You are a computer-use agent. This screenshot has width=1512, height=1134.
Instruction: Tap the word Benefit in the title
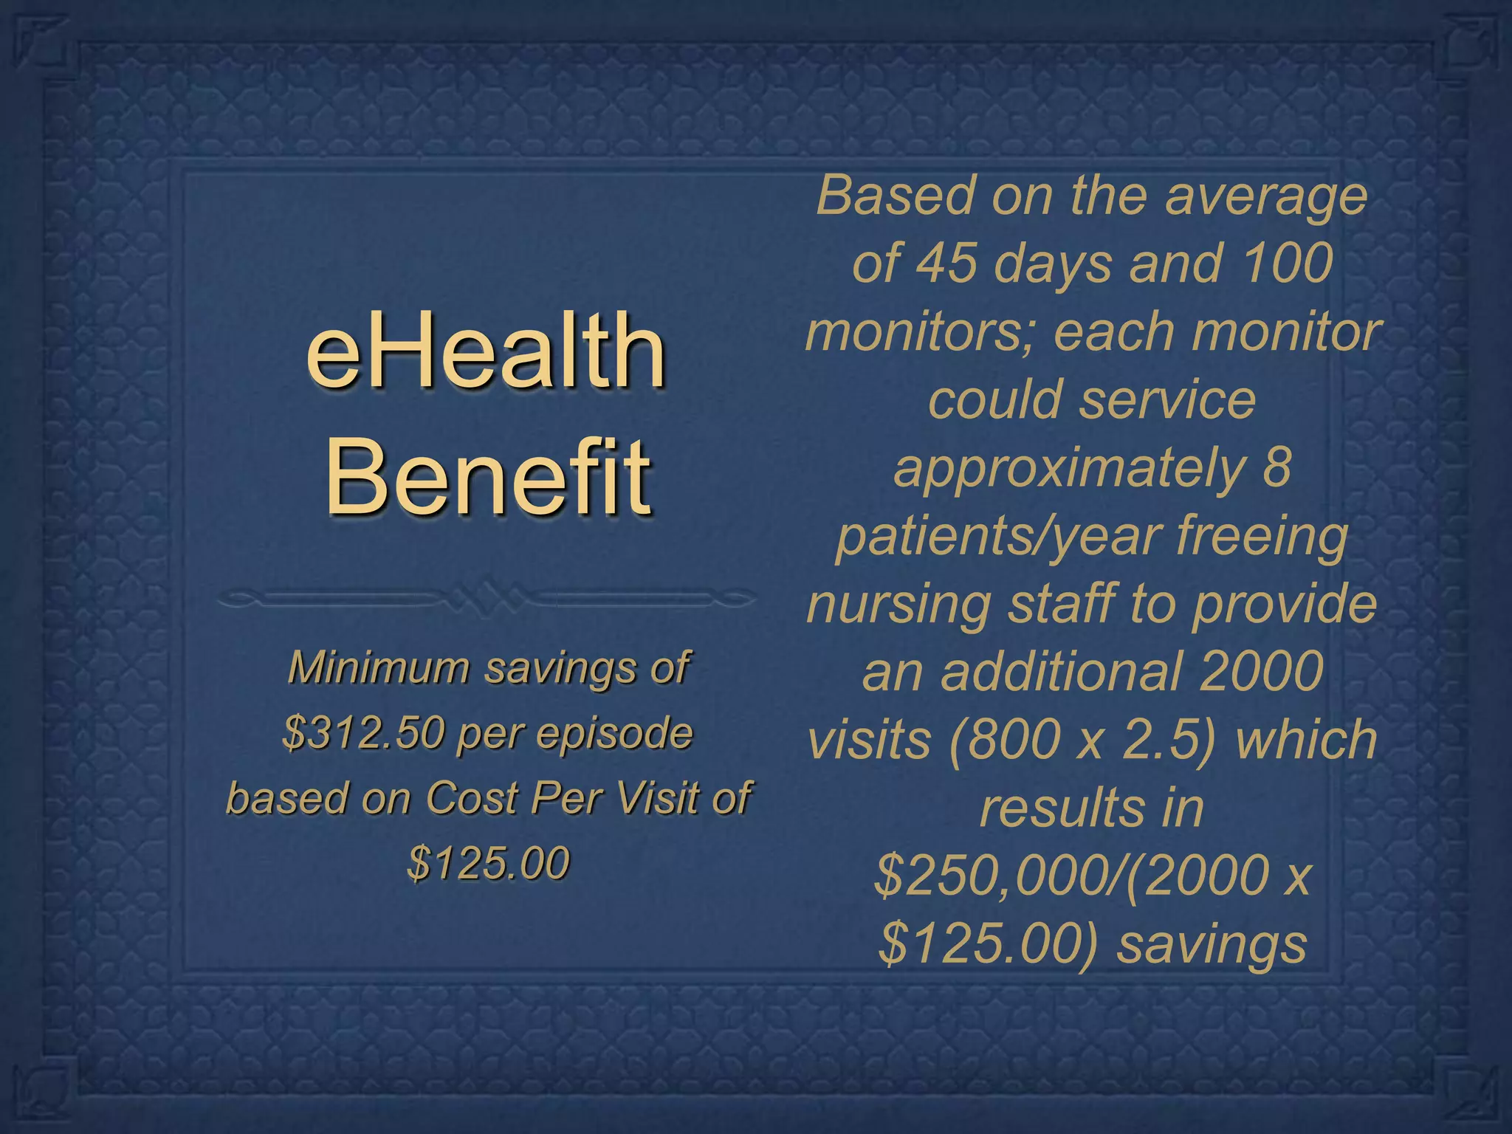(488, 475)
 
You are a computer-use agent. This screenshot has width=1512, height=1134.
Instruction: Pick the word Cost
(471, 798)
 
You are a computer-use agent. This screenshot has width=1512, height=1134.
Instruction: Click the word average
(1265, 196)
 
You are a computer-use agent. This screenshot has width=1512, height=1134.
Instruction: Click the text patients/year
(1000, 536)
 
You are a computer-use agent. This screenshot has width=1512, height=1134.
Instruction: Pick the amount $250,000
(993, 876)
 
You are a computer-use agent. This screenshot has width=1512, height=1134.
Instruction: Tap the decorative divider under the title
(487, 598)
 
